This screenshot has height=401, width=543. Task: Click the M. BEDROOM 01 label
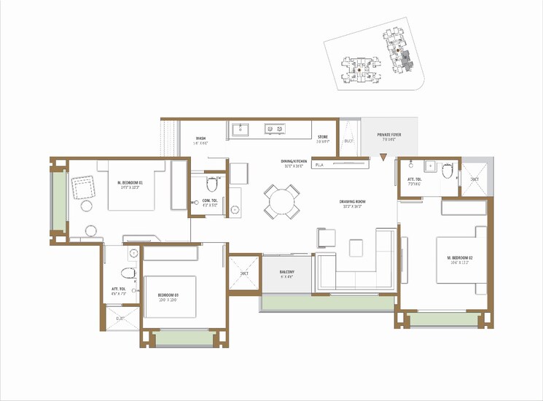pos(130,182)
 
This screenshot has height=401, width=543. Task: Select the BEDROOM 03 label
pos(168,295)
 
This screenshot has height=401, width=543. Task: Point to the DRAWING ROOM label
pos(351,202)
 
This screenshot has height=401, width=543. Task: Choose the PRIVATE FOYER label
pos(388,136)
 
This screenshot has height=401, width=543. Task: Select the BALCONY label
pos(286,273)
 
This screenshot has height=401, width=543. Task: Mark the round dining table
pos(281,202)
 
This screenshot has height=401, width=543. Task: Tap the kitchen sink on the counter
pos(241,129)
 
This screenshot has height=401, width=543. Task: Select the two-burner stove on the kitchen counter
pos(275,129)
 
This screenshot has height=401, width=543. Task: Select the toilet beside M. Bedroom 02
pos(446,171)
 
